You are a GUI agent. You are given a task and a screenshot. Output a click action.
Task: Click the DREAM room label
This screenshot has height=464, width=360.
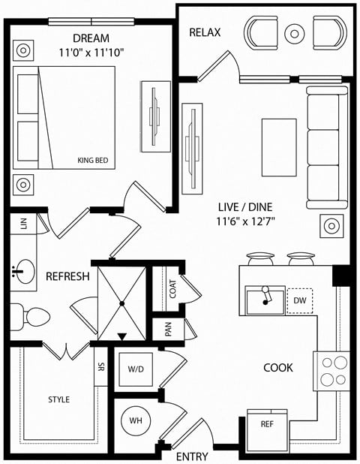(x=91, y=38)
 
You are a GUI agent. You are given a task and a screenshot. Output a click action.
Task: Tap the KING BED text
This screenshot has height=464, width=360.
(x=94, y=160)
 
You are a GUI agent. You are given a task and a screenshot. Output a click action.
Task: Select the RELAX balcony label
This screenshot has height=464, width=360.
(x=205, y=32)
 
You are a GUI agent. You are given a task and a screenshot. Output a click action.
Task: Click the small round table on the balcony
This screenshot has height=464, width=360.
(x=293, y=32)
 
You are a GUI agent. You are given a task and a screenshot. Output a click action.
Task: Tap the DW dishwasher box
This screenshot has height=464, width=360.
(x=300, y=300)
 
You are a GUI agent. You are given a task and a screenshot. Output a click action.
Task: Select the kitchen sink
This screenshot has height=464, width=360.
(x=265, y=300)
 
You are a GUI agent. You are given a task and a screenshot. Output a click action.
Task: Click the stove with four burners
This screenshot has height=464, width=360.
(x=331, y=369)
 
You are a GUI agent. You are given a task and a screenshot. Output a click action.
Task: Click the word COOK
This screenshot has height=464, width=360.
(x=277, y=368)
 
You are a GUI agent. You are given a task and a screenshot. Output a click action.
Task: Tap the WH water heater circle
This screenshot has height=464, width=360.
(x=136, y=420)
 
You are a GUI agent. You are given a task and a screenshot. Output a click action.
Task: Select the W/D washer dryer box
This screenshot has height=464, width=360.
(x=136, y=369)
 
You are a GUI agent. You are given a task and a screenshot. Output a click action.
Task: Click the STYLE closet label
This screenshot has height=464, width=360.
(x=58, y=399)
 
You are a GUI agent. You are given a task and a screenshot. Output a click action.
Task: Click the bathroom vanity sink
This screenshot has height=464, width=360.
(x=23, y=272)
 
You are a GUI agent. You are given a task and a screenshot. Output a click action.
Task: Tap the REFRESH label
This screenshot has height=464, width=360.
(x=67, y=276)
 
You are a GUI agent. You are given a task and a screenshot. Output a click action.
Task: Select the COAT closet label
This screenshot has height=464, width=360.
(x=172, y=290)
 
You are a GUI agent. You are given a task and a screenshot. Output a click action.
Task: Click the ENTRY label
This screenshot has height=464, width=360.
(x=191, y=456)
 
